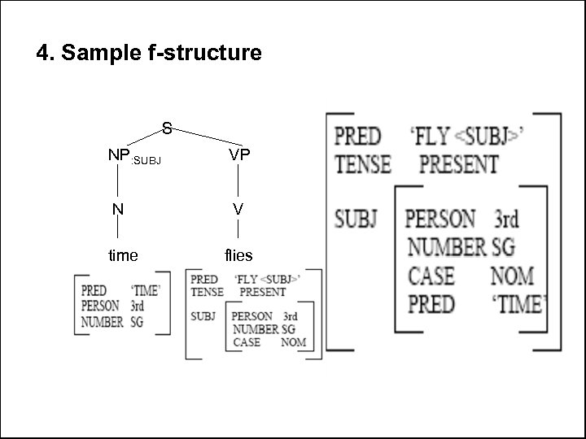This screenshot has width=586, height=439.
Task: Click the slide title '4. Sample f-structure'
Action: (x=149, y=54)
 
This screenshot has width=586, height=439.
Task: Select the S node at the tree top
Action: (x=166, y=128)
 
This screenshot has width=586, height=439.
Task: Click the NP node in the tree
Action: (x=119, y=154)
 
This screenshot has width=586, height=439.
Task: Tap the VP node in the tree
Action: (x=238, y=154)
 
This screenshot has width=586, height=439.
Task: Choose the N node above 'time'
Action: (x=119, y=209)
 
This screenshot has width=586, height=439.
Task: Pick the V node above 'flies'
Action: (x=238, y=209)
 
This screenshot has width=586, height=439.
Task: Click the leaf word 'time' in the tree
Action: (x=123, y=255)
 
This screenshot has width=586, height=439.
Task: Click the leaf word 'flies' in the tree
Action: (x=238, y=255)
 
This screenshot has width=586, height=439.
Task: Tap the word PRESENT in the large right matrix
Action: (x=459, y=163)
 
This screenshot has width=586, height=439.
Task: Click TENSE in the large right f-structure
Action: (x=363, y=163)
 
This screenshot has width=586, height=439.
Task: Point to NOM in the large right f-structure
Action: (x=512, y=276)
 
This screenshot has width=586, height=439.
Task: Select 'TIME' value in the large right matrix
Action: (x=517, y=304)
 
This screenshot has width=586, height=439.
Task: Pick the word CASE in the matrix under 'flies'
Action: (x=247, y=342)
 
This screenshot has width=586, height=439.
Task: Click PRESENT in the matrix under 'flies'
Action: (x=262, y=291)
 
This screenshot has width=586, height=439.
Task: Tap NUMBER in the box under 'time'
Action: (x=103, y=321)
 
